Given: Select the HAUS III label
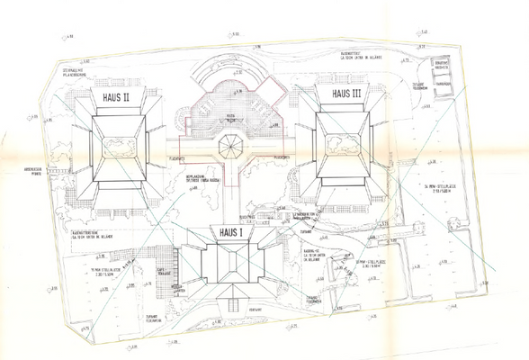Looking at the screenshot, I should point(346,94).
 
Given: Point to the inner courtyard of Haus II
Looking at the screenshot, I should point(115,148).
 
